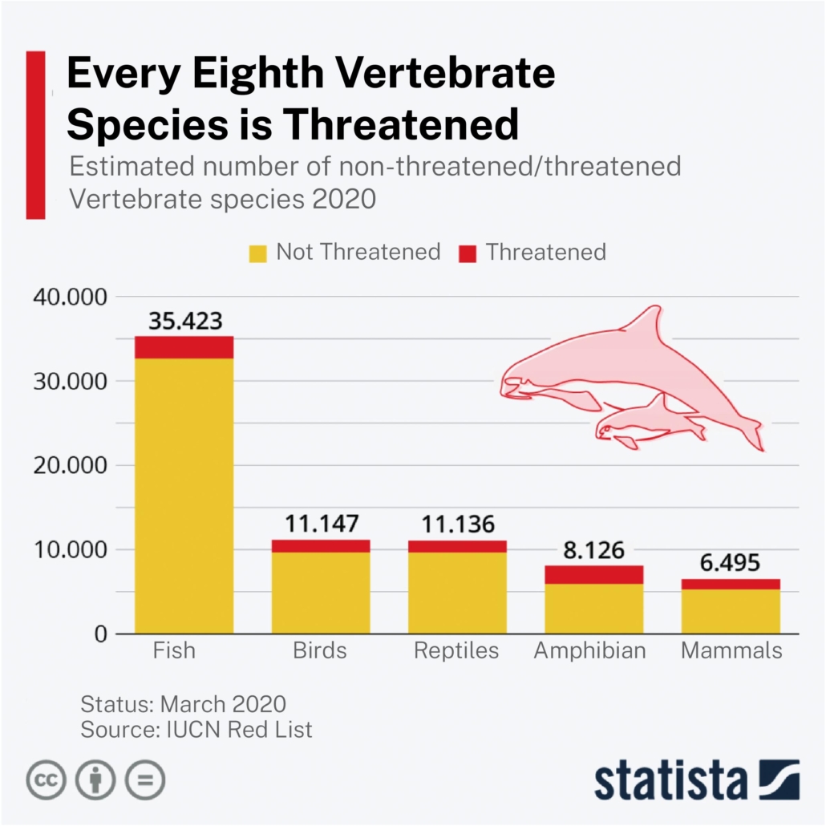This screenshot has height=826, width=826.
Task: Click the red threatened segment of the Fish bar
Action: point(184,346)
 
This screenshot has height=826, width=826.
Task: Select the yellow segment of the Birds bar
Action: point(321,593)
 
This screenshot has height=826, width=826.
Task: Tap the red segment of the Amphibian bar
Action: point(593,574)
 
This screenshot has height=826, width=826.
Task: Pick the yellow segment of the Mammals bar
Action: point(731,611)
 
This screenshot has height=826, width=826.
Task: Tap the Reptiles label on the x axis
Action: point(456,650)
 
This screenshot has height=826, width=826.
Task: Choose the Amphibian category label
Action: point(589,650)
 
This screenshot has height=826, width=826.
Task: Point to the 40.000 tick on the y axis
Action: point(70,297)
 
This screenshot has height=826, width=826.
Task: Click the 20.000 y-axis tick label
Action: point(70,465)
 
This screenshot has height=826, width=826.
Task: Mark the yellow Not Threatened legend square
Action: point(257,253)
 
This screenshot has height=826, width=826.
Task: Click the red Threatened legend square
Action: point(468,253)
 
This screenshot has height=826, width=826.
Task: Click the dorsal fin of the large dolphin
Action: point(646,322)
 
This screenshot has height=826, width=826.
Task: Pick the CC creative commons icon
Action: point(47,778)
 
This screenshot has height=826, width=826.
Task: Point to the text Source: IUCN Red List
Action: point(196,729)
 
